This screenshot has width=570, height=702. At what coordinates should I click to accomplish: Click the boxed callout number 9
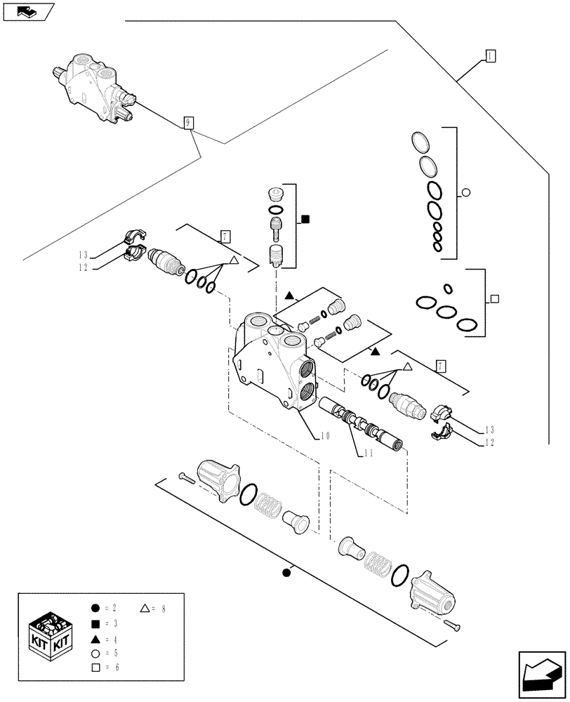click(188, 124)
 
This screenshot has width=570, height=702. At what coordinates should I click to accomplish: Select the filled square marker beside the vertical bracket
click(305, 219)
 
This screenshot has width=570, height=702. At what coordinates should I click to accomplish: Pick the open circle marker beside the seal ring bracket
click(466, 194)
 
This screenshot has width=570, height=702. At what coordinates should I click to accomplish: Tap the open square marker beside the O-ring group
click(495, 298)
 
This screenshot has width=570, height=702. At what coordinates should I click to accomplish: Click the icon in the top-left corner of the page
click(27, 11)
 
